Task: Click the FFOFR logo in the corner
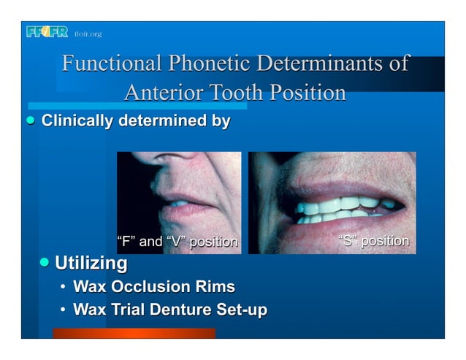[x=47, y=32]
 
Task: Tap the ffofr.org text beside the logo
[x=88, y=34]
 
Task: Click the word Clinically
[x=77, y=120]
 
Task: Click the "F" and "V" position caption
[x=177, y=242]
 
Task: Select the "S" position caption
[x=375, y=241]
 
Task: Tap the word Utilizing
[x=91, y=263]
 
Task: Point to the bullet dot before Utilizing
[x=45, y=261]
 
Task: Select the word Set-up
[x=240, y=310]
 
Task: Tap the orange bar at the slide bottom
[x=134, y=333]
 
